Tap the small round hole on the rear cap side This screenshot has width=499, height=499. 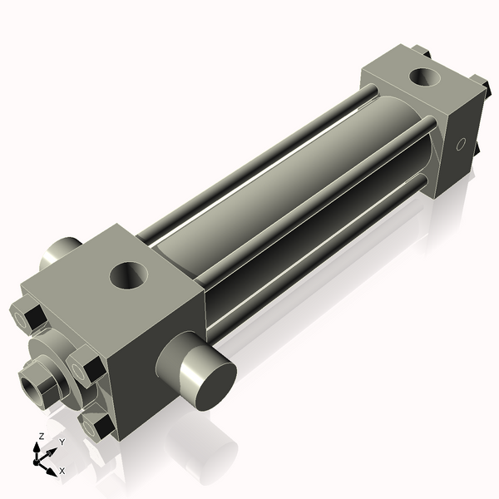click(461, 146)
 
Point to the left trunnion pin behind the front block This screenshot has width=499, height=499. click(60, 250)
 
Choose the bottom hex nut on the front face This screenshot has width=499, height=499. click(101, 427)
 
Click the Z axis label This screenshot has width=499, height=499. click(41, 437)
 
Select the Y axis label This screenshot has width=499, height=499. click(61, 442)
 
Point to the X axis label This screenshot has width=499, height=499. click(62, 472)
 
